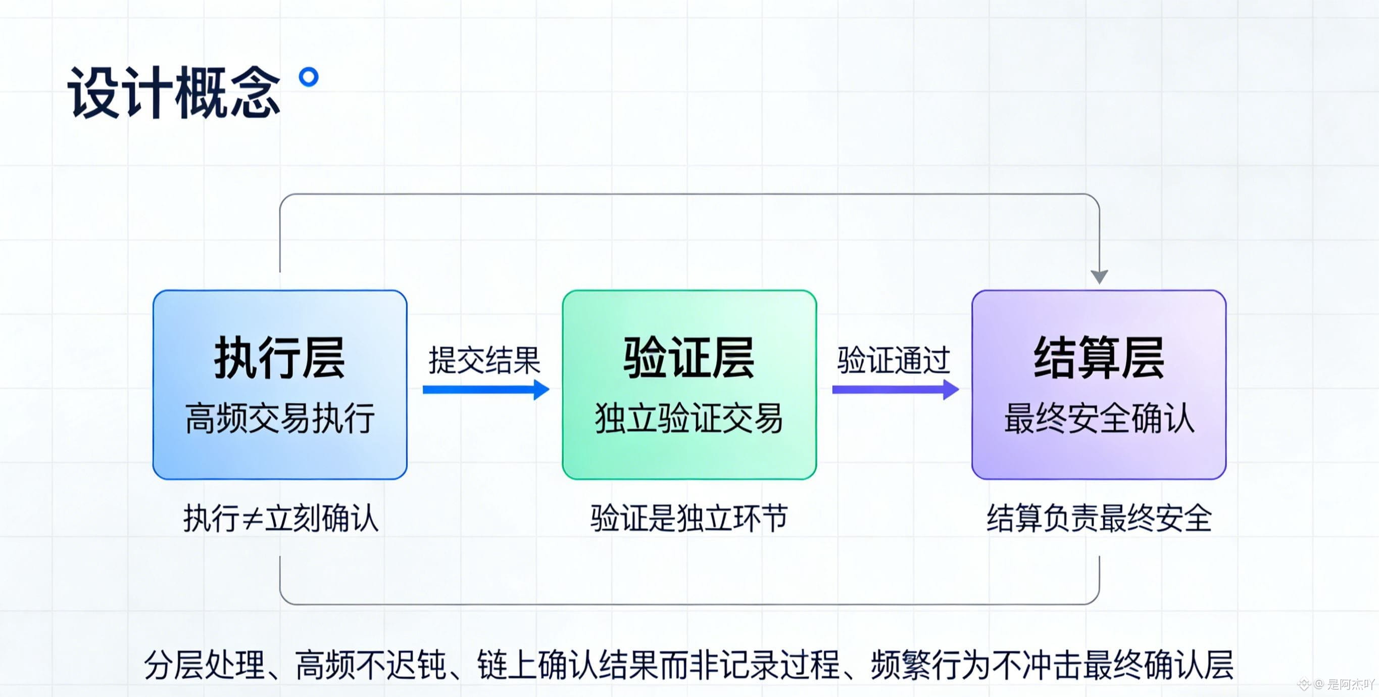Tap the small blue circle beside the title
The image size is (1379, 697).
pos(308,77)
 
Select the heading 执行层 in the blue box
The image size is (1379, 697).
pos(279,358)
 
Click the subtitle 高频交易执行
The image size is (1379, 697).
pos(279,419)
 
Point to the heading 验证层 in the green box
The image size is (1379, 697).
pos(689,358)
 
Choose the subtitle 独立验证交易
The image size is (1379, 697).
pos(689,419)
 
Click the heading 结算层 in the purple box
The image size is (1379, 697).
pos(1099,358)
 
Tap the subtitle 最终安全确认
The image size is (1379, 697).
pos(1099,419)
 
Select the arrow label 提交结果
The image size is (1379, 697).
pos(484,360)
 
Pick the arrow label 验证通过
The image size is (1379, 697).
pos(894,360)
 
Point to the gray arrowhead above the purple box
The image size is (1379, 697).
pos(1099,276)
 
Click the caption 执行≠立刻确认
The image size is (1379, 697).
pos(280,519)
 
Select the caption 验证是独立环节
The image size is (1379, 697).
pos(689,519)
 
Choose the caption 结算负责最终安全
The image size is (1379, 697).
pos(1099,519)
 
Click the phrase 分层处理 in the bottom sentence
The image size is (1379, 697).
pos(205,665)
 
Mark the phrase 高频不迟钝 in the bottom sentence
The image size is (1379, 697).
pos(370,665)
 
